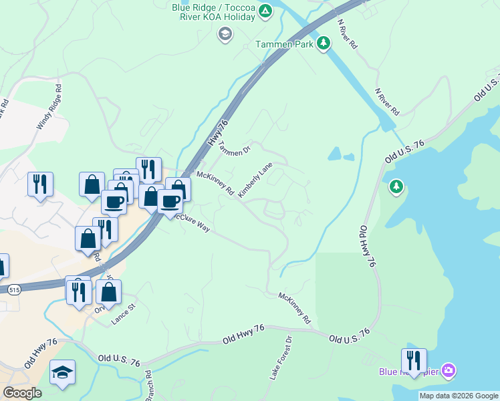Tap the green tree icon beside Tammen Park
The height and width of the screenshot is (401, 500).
pos(324,44)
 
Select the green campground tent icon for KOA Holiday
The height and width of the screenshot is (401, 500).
pos(265,11)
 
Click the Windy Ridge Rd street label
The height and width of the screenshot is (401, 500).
pos(49,106)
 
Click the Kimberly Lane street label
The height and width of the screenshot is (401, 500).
pos(255,180)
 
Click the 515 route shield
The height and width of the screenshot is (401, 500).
pos(15,289)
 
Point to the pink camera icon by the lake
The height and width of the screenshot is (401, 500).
pos(449,370)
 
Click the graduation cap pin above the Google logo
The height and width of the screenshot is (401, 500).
pos(62,372)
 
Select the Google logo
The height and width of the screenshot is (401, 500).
pos(22,393)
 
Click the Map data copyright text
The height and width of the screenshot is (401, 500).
pos(458,396)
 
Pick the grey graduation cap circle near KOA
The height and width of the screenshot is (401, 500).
pos(225,33)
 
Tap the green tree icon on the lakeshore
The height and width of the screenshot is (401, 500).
pos(396,186)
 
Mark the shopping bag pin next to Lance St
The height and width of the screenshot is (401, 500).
pos(108,291)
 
